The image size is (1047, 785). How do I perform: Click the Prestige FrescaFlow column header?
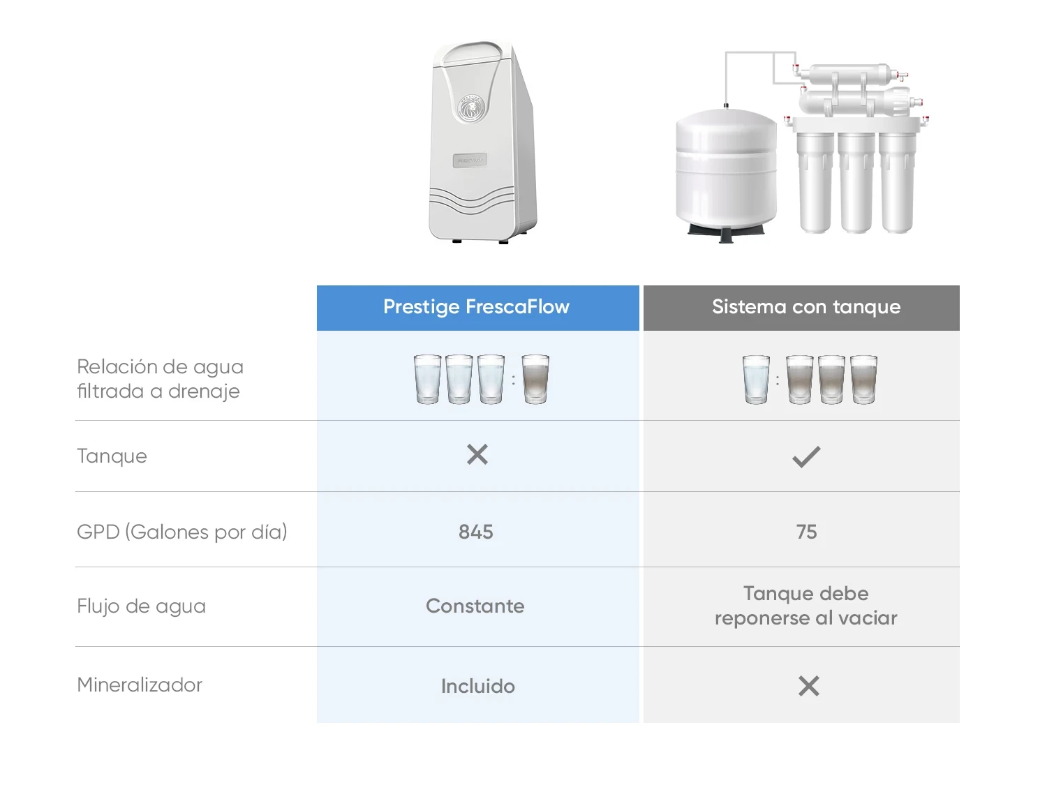pos(477,307)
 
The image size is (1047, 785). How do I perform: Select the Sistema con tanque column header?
pos(805,307)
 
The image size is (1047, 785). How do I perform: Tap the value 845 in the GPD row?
pos(476,532)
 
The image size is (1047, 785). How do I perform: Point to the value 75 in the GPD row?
pos(806,532)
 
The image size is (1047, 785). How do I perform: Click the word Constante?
pos(475,606)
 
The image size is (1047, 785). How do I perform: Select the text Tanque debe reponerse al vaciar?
pos(805,606)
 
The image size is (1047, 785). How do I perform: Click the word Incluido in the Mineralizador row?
pos(478,686)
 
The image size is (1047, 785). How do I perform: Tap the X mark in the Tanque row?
pos(477,455)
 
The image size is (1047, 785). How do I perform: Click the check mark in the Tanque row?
pos(806,457)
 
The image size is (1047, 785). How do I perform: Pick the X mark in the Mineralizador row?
pos(808,686)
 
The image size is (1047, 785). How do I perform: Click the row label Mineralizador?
pos(140,685)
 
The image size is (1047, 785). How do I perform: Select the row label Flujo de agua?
pos(142,606)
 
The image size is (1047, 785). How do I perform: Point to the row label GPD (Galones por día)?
pos(182,532)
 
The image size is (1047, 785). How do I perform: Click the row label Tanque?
pos(112,456)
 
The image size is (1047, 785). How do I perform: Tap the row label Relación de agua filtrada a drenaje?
pos(160,378)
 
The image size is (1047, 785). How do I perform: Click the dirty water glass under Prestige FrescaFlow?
pos(535,379)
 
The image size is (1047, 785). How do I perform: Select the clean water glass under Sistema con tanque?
pos(756,379)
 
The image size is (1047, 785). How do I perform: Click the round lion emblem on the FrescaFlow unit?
pos(471,109)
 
